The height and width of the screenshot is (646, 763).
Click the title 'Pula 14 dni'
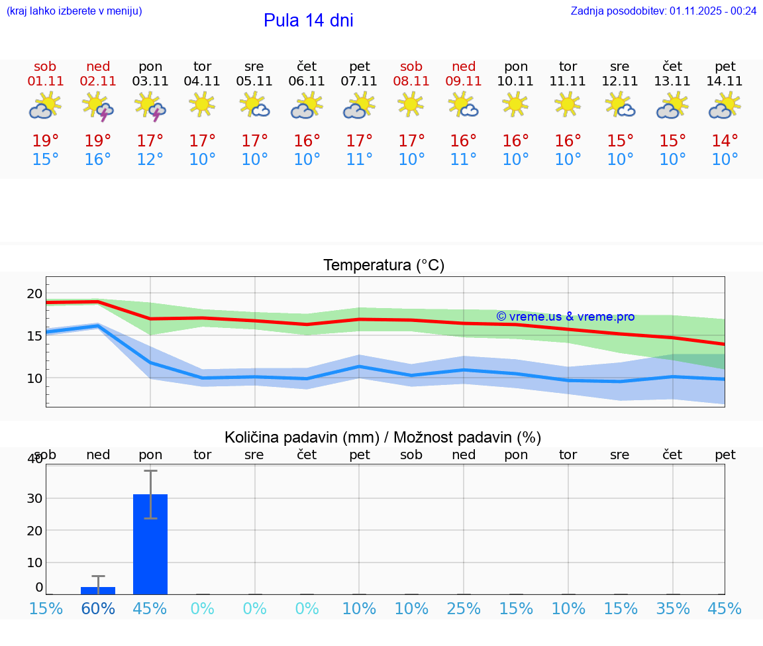pyautogui.click(x=308, y=21)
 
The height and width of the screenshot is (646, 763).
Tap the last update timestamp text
pyautogui.click(x=664, y=11)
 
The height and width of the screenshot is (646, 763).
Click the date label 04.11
pyautogui.click(x=202, y=81)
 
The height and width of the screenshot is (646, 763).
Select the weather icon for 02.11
pyautogui.click(x=98, y=107)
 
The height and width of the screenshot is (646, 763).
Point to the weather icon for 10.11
pyautogui.click(x=515, y=104)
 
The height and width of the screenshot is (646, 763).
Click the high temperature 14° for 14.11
pyautogui.click(x=725, y=141)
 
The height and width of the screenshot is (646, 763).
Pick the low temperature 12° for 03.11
pyautogui.click(x=150, y=160)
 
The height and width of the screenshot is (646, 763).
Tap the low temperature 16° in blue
pyautogui.click(x=98, y=160)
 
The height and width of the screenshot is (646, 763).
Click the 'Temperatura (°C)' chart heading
pyautogui.click(x=383, y=266)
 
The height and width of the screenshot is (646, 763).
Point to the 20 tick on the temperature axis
pyautogui.click(x=34, y=294)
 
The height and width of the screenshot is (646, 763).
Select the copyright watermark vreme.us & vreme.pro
pyautogui.click(x=565, y=317)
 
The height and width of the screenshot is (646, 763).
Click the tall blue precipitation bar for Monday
pyautogui.click(x=150, y=544)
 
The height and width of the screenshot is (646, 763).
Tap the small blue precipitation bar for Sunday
pyautogui.click(x=98, y=590)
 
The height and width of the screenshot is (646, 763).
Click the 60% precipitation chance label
pyautogui.click(x=98, y=608)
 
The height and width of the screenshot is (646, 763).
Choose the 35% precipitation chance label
pyautogui.click(x=673, y=608)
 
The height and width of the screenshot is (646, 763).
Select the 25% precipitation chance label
pyautogui.click(x=464, y=608)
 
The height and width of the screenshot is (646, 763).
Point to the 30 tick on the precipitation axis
pyautogui.click(x=34, y=498)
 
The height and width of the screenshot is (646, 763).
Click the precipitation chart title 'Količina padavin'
pyautogui.click(x=382, y=437)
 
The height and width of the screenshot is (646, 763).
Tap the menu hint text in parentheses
pyautogui.click(x=74, y=11)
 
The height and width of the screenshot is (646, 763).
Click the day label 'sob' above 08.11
pyautogui.click(x=411, y=67)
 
